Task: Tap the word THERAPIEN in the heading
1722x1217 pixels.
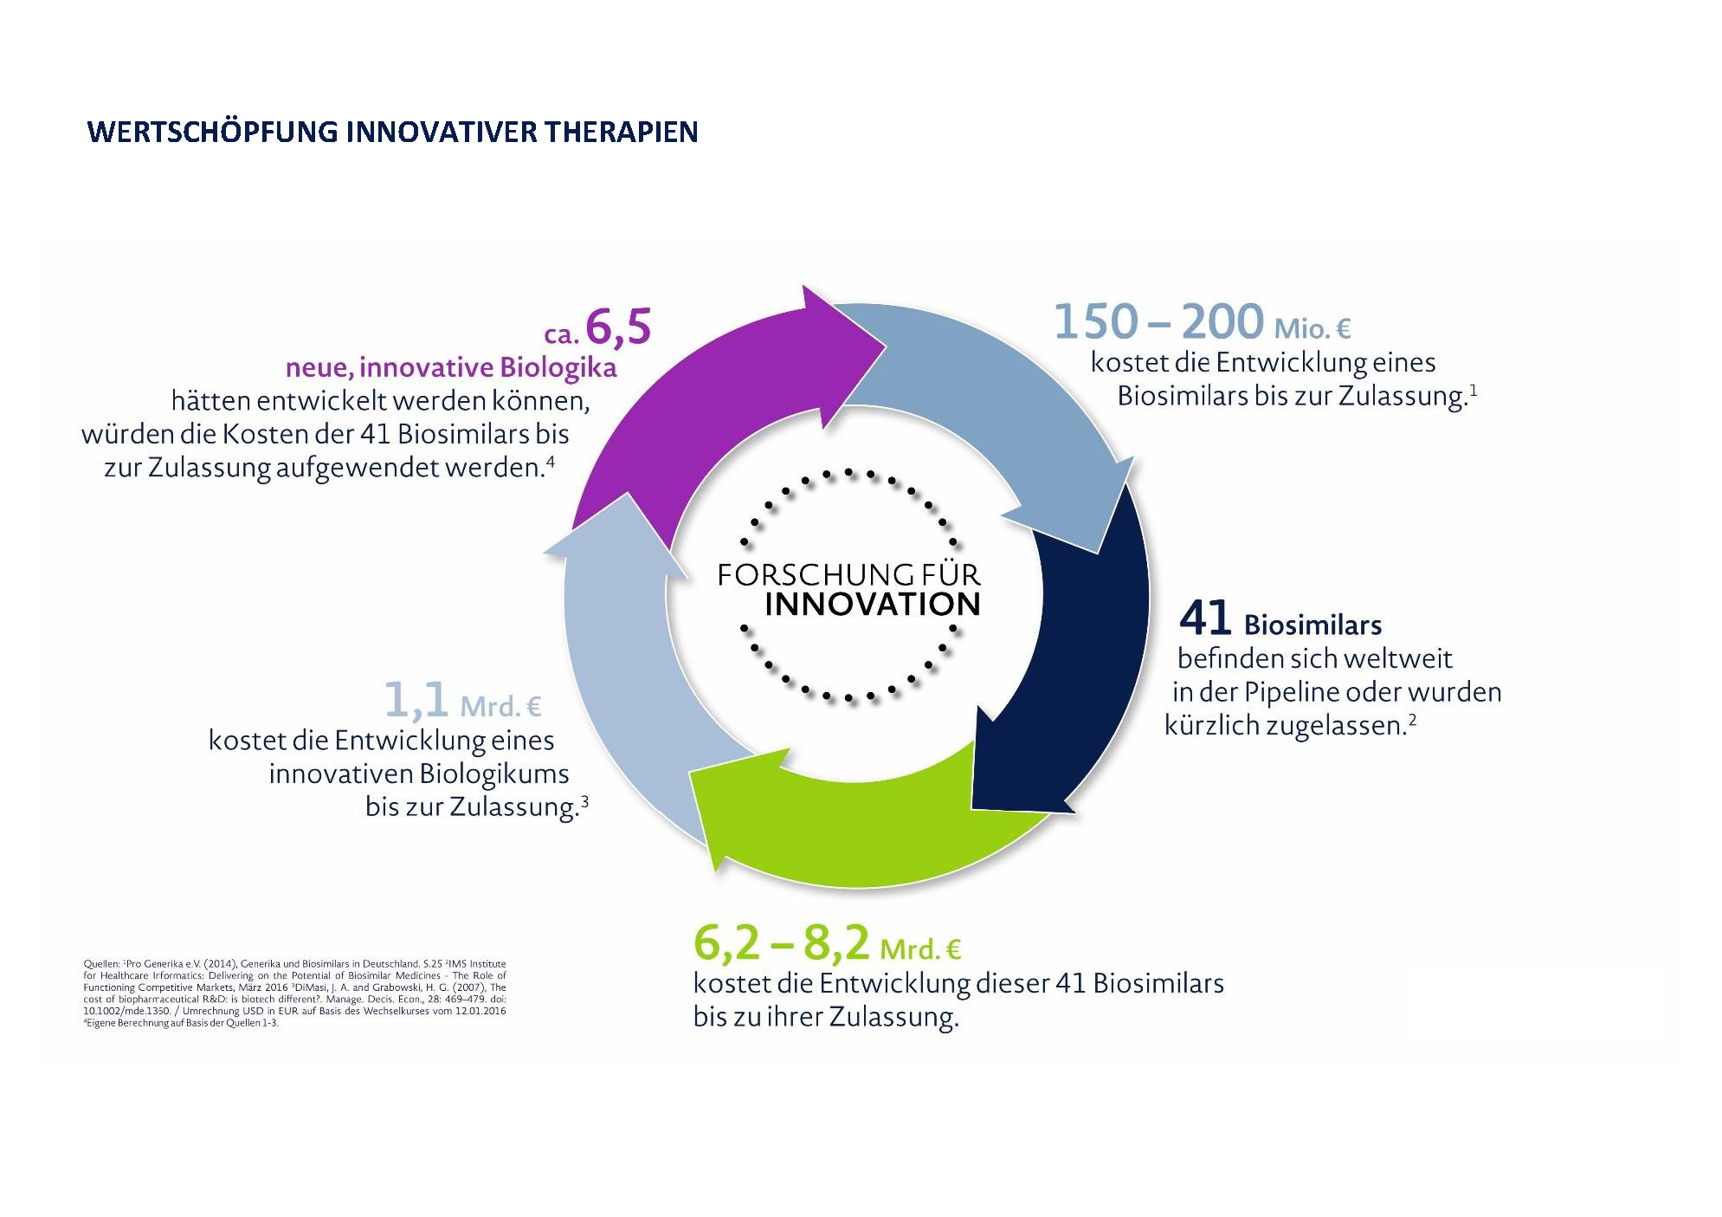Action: point(622,132)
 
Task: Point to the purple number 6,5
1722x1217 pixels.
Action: point(618,327)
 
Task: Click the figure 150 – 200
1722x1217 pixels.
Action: point(1158,321)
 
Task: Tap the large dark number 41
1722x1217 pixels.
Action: point(1205,618)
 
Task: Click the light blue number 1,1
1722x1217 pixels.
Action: point(416,700)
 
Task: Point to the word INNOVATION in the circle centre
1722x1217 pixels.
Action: point(873,605)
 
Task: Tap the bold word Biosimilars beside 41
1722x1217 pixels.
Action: point(1312,625)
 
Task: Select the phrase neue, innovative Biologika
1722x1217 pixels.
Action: point(451,367)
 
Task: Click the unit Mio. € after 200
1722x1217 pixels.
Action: point(1312,328)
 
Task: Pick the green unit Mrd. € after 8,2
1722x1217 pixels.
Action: point(920,949)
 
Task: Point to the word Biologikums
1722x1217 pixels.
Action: point(494,774)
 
